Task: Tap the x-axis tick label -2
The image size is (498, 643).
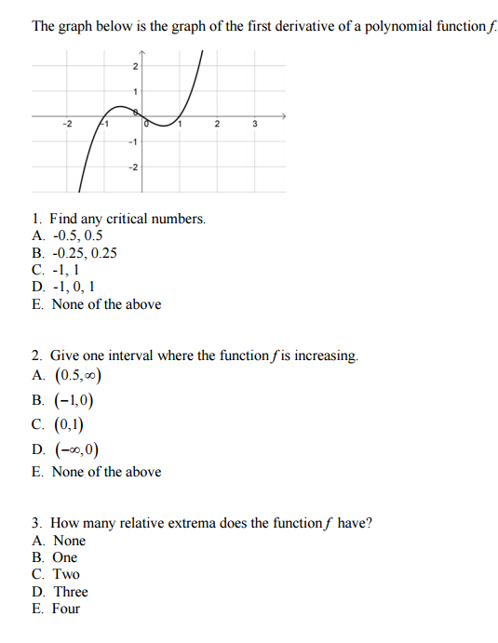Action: tap(65, 124)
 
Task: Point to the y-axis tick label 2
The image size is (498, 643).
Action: tap(135, 66)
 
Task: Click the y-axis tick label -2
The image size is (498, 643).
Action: tap(133, 167)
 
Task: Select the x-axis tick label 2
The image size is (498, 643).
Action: tap(216, 124)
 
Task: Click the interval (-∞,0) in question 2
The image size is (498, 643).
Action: tap(75, 450)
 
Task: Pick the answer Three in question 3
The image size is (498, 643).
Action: tap(71, 592)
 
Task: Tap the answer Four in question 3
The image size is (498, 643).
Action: tap(66, 609)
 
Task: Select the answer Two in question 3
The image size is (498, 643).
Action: tap(66, 574)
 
